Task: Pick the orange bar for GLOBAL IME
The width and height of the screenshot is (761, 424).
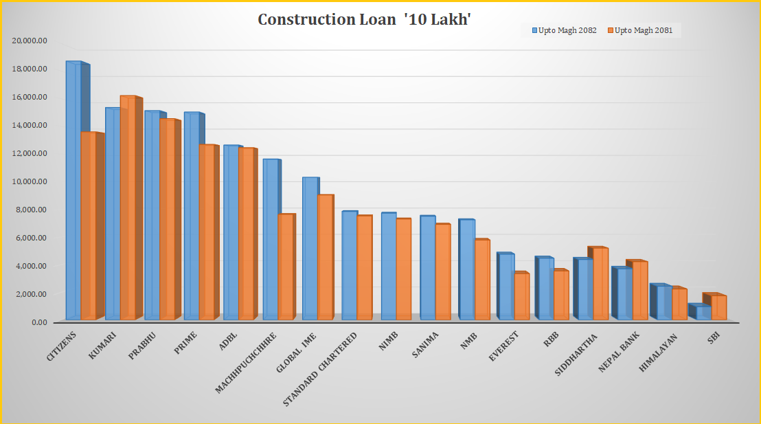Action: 325,257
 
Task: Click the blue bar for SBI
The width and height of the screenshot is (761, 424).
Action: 703,313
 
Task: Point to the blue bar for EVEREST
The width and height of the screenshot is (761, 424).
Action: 506,287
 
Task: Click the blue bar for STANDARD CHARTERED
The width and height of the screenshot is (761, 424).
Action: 350,265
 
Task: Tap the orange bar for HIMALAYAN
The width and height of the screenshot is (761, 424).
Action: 679,304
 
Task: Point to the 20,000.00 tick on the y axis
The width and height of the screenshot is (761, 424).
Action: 29,41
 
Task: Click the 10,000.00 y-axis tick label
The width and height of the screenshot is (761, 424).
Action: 29,181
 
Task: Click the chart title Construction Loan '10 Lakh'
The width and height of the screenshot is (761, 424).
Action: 364,19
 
